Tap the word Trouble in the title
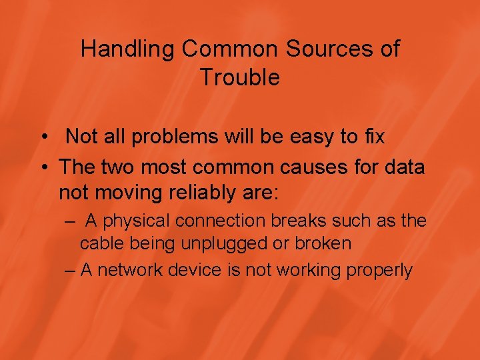tap(240, 78)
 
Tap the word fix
tap(373, 137)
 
